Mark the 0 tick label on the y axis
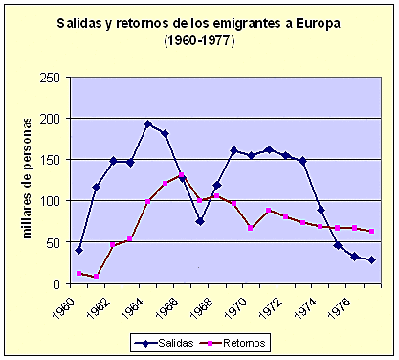pyautogui.click(x=57, y=284)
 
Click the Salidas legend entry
pyautogui.click(x=166, y=340)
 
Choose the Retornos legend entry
pyautogui.click(x=238, y=340)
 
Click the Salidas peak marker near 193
pyautogui.click(x=148, y=124)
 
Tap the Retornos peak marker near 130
pyautogui.click(x=183, y=175)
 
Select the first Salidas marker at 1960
pyautogui.click(x=78, y=250)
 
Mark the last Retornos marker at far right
pyautogui.click(x=371, y=231)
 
